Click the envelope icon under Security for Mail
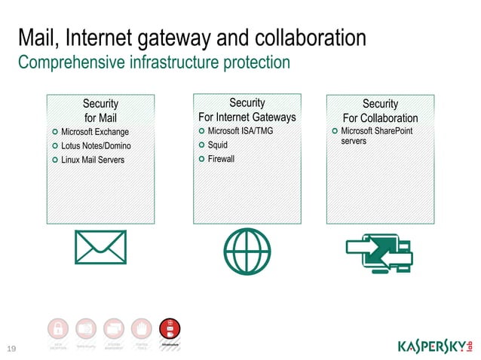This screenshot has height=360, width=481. point(100,247)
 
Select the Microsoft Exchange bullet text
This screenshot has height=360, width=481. point(95,133)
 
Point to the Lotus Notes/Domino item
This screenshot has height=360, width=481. point(96,146)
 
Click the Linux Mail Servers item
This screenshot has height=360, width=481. point(93,160)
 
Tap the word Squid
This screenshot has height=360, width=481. point(217,145)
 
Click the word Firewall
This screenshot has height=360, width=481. point(221,159)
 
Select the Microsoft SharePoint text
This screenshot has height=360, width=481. point(376,132)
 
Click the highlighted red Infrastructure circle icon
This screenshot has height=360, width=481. point(170,329)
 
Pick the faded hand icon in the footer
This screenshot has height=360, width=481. point(142,329)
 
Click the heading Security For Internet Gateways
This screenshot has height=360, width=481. point(247,110)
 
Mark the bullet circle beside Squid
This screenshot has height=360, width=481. point(201,145)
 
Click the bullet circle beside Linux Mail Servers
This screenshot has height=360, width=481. point(55,160)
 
